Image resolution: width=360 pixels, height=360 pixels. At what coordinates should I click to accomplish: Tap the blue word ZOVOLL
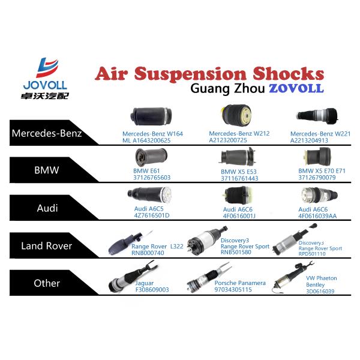pos(296,88)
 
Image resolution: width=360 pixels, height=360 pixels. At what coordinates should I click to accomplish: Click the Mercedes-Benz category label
pos(47,133)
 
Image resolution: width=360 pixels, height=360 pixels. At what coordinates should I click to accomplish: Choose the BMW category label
pos(47,170)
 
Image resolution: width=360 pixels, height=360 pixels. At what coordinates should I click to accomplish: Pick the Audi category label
pos(47,207)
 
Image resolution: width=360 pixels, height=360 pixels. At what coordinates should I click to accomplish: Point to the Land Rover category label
pos(47,245)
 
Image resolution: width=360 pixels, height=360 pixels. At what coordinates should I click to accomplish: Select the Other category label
pos(47,283)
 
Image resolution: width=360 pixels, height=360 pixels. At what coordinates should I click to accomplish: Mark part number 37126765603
pos(152,178)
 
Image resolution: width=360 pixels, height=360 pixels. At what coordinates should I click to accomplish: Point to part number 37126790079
pos(322,178)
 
